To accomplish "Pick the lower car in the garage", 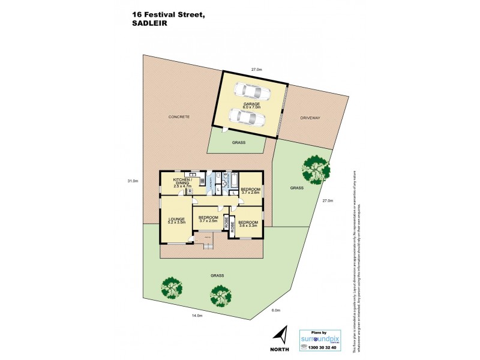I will [x=247, y=118].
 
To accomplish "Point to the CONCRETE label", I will [x=179, y=116].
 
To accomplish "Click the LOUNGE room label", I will [x=176, y=220].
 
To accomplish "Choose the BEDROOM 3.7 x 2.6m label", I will [x=250, y=191].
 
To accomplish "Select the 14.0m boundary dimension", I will [x=197, y=316].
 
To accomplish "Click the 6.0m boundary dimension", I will [x=275, y=310].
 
